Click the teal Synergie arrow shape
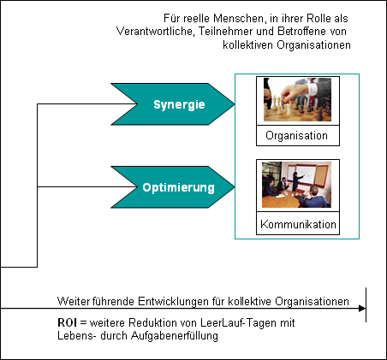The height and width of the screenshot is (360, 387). (174, 104)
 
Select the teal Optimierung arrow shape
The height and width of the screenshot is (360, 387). (174, 187)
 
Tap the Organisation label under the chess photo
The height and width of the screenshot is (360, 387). (297, 136)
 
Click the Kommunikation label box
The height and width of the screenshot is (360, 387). (298, 224)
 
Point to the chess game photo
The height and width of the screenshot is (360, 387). (297, 99)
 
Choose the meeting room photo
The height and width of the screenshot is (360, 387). (297, 185)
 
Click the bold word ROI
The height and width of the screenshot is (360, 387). (67, 323)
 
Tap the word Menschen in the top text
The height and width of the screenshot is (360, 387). (239, 19)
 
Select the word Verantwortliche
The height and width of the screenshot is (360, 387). (156, 31)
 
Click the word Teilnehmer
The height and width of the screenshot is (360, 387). (223, 31)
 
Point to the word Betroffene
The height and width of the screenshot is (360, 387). (302, 31)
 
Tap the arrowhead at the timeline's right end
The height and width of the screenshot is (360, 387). (362, 308)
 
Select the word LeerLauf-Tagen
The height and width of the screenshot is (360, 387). (238, 323)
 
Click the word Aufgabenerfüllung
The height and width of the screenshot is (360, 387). (175, 336)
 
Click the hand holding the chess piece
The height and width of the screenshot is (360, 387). (294, 92)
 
